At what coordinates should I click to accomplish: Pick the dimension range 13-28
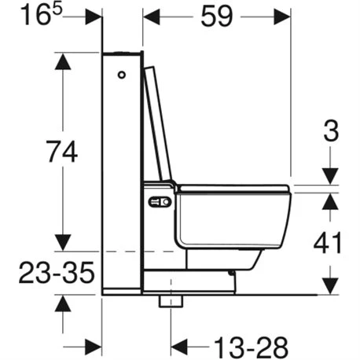tap(229, 345)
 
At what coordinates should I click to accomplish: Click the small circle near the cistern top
tap(122, 76)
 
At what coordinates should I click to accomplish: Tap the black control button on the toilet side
tap(160, 204)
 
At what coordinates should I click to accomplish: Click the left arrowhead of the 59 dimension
tap(150, 16)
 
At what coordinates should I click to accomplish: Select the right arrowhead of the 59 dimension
tap(282, 16)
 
